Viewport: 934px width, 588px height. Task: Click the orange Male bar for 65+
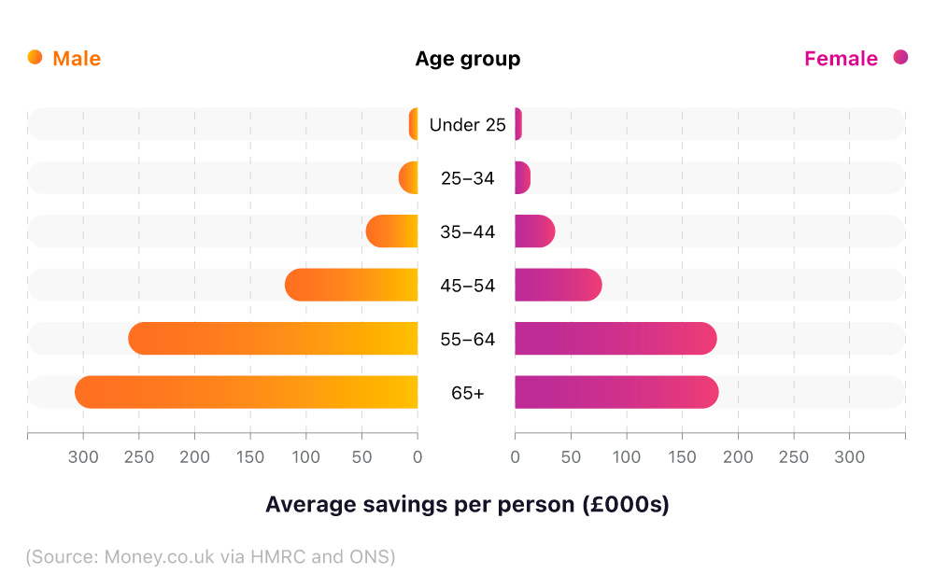pyautogui.click(x=247, y=392)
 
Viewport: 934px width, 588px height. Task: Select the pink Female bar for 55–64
pyautogui.click(x=616, y=338)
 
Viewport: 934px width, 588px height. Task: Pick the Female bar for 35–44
pyautogui.click(x=534, y=231)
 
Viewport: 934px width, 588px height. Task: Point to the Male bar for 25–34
pyautogui.click(x=408, y=177)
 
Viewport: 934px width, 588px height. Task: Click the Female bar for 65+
pyautogui.click(x=616, y=392)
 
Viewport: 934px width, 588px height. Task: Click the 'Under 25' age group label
pyautogui.click(x=467, y=124)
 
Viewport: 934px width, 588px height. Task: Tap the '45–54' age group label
pyautogui.click(x=467, y=286)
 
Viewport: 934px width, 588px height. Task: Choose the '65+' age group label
pyautogui.click(x=467, y=393)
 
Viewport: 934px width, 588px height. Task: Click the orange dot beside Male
pyautogui.click(x=35, y=58)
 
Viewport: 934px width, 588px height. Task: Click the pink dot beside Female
pyautogui.click(x=900, y=58)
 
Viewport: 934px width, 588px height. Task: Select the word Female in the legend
pyautogui.click(x=841, y=59)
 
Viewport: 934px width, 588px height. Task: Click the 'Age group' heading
pyautogui.click(x=467, y=59)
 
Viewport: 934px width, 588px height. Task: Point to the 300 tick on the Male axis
pyautogui.click(x=83, y=457)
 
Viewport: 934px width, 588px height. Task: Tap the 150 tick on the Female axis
pyautogui.click(x=682, y=457)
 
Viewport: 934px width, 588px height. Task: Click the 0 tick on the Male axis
pyautogui.click(x=417, y=457)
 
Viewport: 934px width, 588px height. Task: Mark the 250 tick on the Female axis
pyautogui.click(x=794, y=457)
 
